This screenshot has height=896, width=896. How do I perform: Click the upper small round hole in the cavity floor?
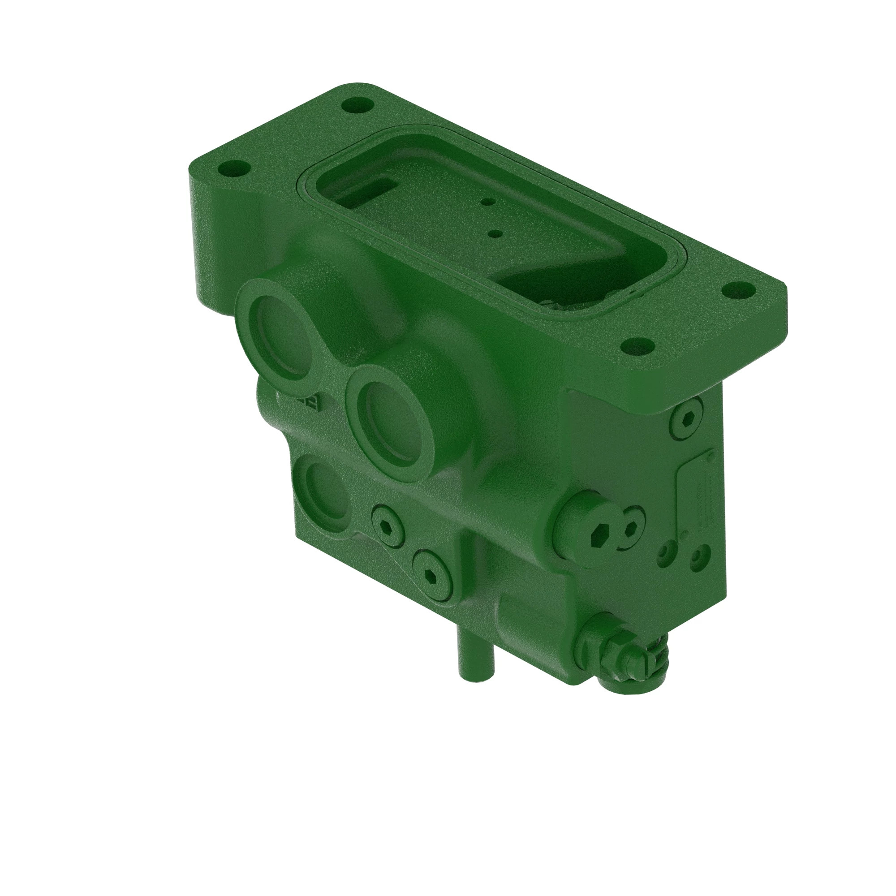pos(487,202)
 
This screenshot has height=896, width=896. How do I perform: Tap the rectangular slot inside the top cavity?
pos(371,190)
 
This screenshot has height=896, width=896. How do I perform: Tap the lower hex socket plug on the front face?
pos(432,577)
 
